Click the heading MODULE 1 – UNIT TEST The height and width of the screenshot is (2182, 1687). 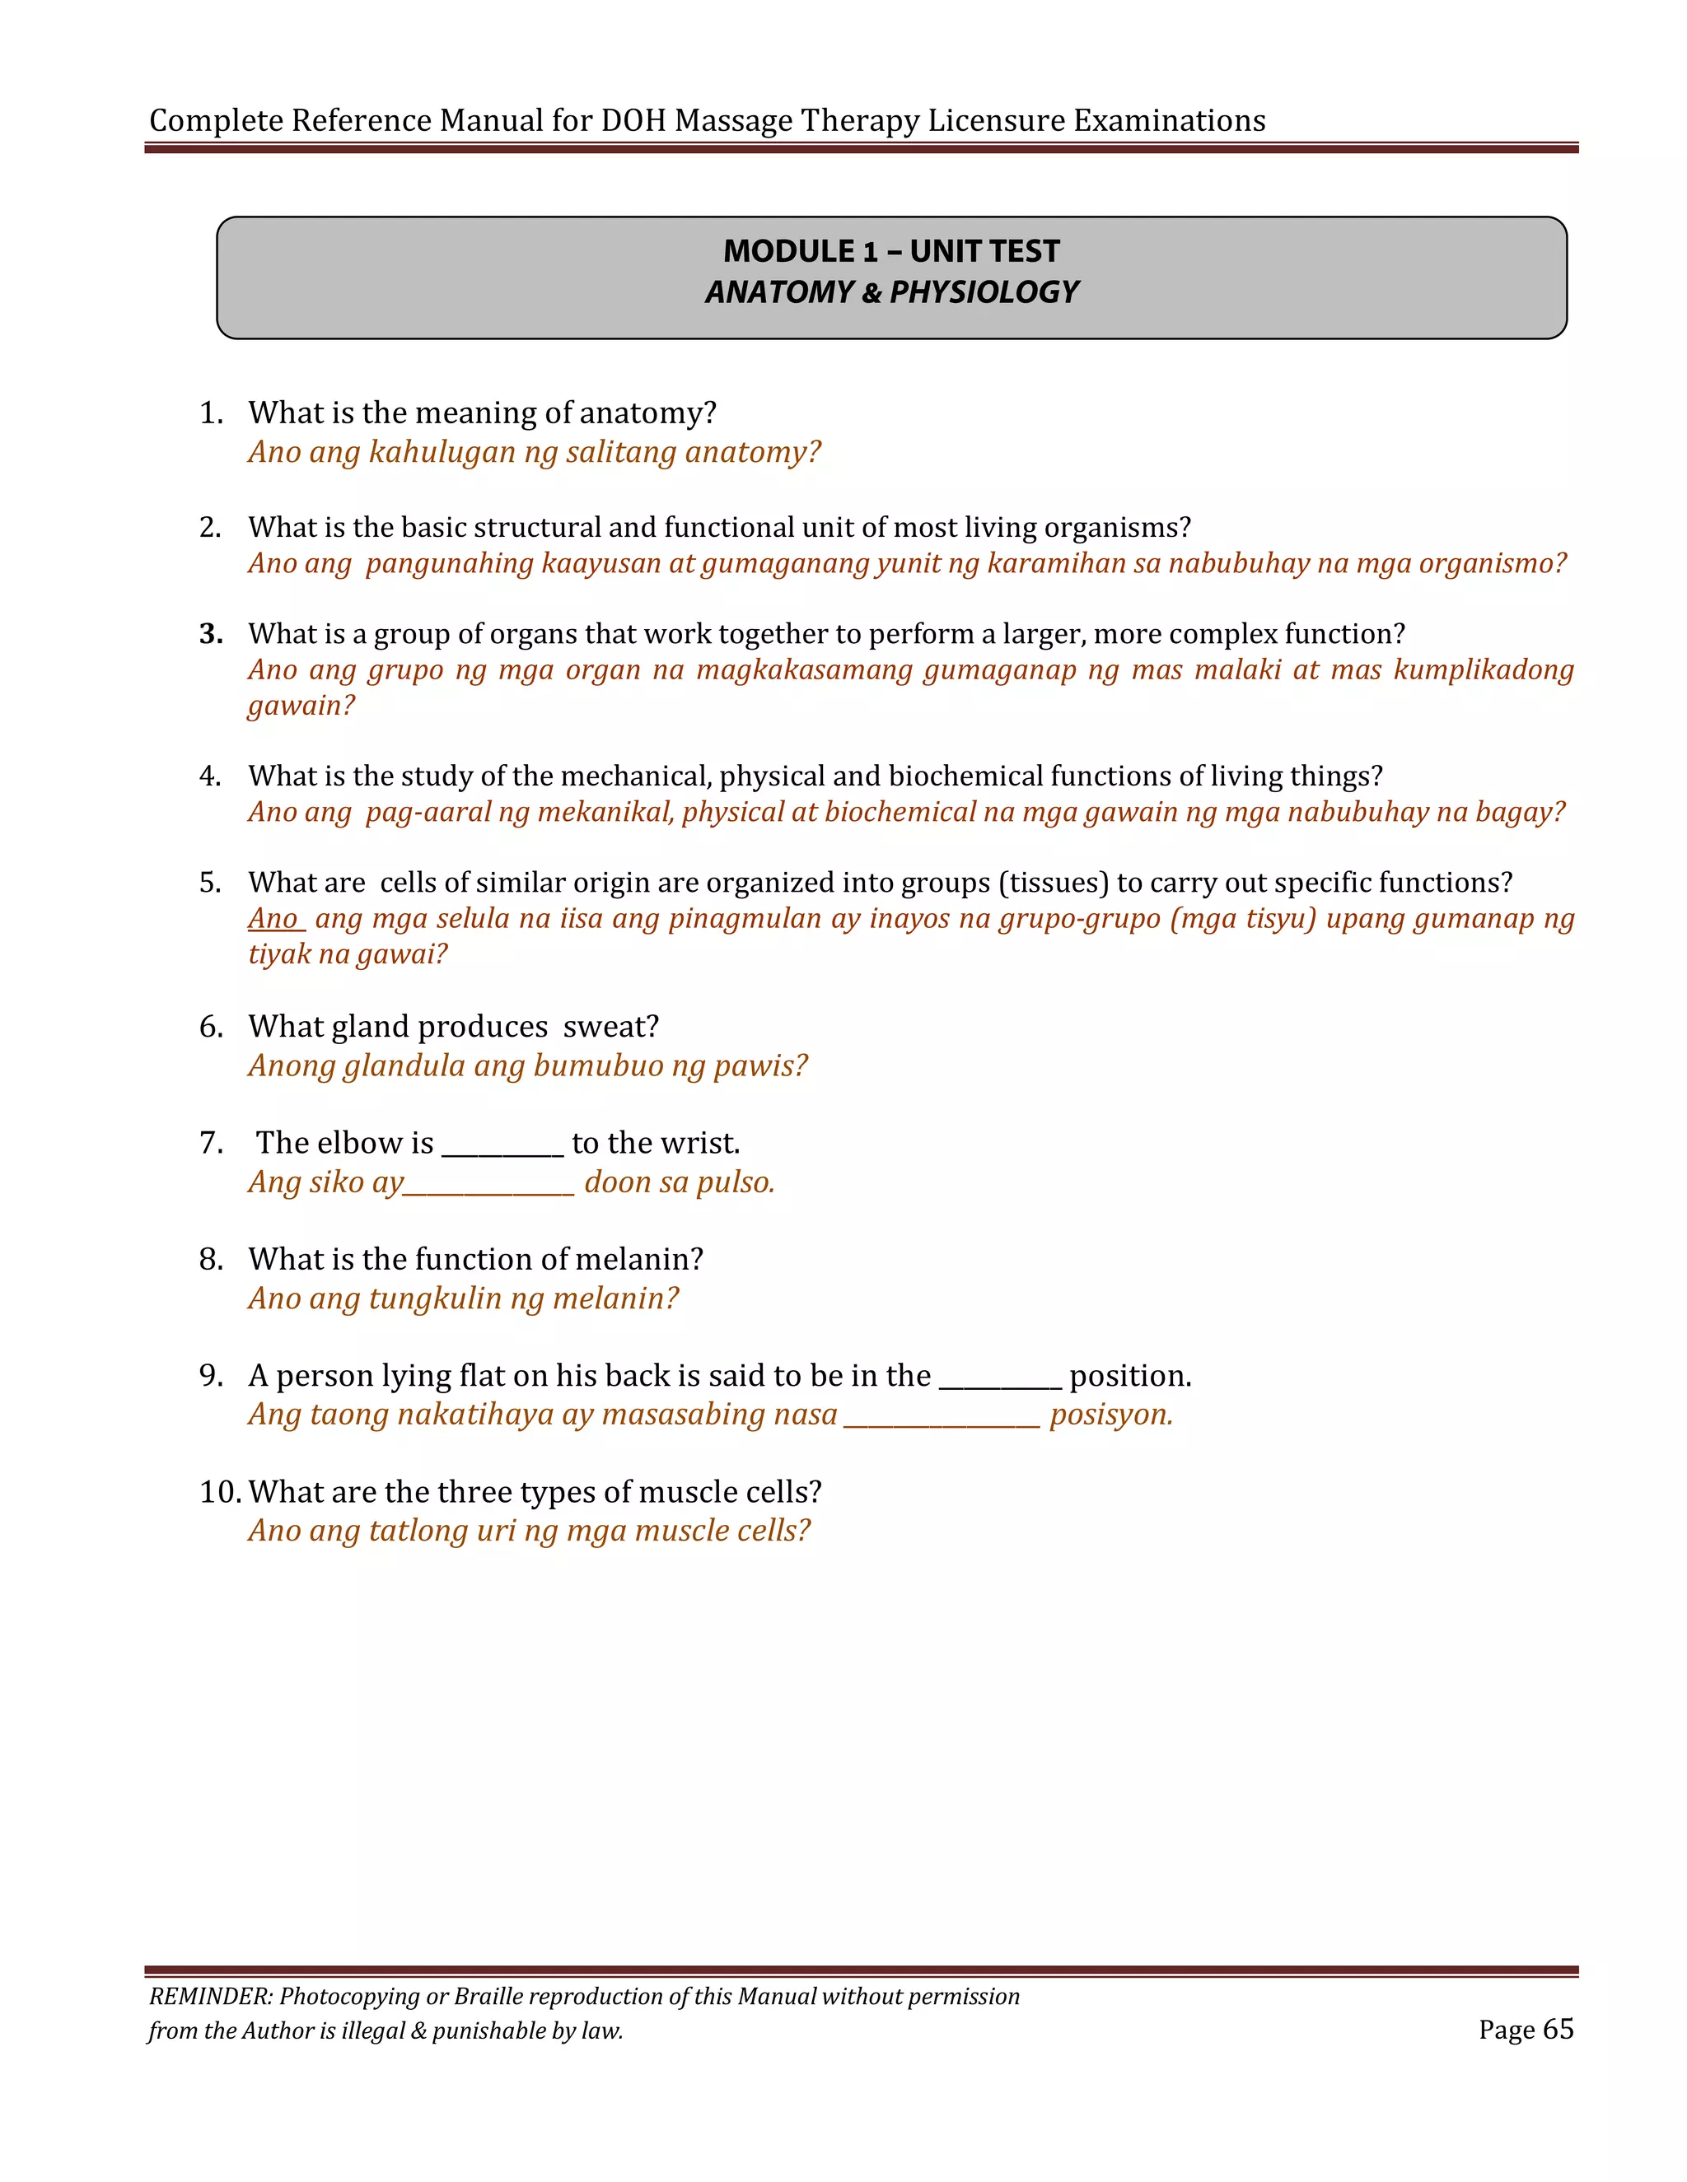pyautogui.click(x=890, y=251)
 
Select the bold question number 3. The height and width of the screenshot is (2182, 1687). pyautogui.click(x=210, y=634)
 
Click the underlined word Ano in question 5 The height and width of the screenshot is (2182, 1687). pyautogui.click(x=273, y=919)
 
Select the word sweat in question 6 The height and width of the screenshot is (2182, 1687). pyautogui.click(x=609, y=1027)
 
